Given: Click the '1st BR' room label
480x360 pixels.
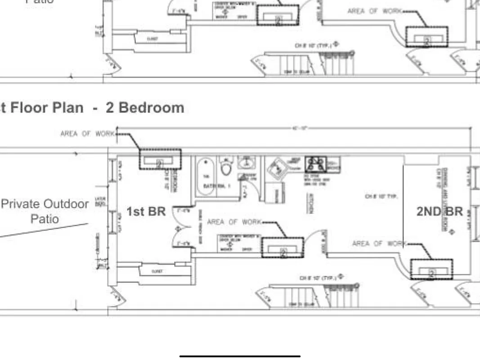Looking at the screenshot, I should coord(147,211).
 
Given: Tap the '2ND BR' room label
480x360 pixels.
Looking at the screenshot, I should coord(439,211).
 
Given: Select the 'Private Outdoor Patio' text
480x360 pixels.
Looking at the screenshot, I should coord(45,211).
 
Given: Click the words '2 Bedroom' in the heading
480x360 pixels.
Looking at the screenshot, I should coord(145,108).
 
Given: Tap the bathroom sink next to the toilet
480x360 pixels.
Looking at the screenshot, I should coord(246,163).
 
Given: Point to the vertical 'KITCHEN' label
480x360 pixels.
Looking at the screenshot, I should coord(310,203).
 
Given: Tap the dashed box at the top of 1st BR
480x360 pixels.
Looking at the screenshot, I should coord(160,159).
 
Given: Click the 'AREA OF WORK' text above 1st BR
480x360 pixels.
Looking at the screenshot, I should coord(88,134).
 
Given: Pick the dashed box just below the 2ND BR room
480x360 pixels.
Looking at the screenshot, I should coord(431,269).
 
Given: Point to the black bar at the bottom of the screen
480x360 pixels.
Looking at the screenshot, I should coord(240,356).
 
